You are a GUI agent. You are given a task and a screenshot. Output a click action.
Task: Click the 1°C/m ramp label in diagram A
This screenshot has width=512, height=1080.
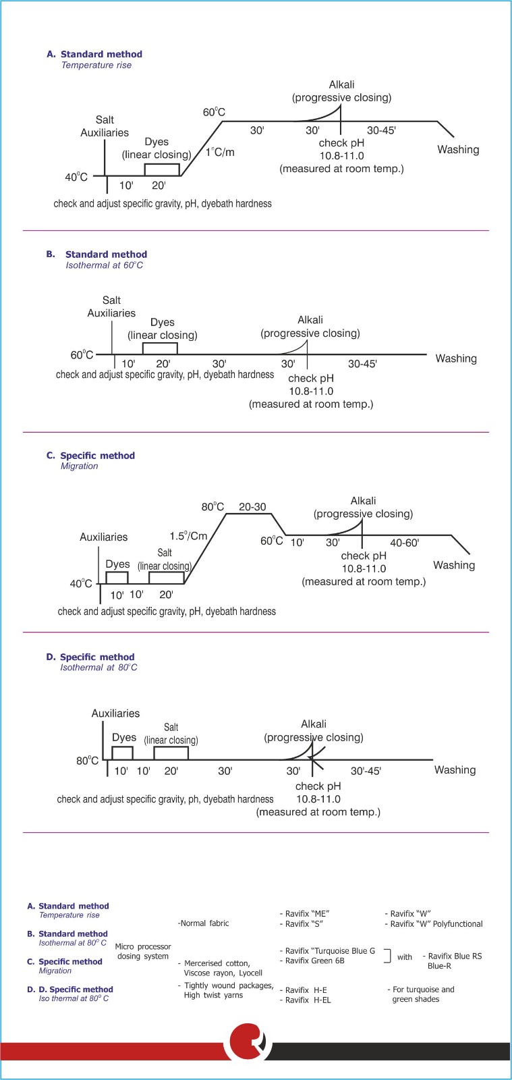click(x=221, y=152)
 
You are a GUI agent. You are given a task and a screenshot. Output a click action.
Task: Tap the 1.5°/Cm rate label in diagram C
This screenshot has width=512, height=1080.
click(x=188, y=536)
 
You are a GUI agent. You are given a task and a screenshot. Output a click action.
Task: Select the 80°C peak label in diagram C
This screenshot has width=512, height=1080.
click(x=212, y=507)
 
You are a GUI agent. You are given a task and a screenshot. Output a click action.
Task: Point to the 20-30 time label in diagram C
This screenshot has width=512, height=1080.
click(x=252, y=507)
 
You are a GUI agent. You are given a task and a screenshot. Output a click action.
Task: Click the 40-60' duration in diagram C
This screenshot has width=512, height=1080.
click(x=404, y=543)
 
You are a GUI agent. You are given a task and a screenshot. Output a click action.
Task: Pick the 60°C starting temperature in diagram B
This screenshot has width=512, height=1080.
click(x=82, y=355)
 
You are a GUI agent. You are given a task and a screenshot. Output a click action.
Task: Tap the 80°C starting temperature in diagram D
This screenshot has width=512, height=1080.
click(x=87, y=761)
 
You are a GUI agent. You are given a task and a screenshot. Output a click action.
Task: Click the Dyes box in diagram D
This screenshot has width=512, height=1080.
click(x=122, y=753)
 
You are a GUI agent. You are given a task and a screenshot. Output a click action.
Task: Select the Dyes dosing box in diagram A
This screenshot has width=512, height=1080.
click(x=162, y=170)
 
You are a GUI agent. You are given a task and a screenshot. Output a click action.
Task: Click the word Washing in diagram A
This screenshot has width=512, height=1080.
click(x=458, y=150)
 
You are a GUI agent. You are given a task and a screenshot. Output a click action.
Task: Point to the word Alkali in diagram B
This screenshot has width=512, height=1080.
click(x=310, y=320)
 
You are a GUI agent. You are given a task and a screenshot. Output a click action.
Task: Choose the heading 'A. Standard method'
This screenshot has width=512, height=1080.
click(x=94, y=54)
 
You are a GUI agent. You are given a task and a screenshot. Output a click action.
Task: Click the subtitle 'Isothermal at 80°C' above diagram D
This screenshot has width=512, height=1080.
click(x=98, y=668)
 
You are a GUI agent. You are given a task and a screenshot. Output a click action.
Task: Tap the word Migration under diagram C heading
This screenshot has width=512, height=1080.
click(x=79, y=466)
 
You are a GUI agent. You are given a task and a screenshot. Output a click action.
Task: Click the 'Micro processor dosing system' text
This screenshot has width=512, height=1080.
click(x=143, y=952)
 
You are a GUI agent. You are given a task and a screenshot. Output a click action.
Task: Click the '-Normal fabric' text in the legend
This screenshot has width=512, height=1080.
click(x=203, y=923)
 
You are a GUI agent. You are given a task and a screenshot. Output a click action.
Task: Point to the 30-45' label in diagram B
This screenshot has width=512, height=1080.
click(x=362, y=364)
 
